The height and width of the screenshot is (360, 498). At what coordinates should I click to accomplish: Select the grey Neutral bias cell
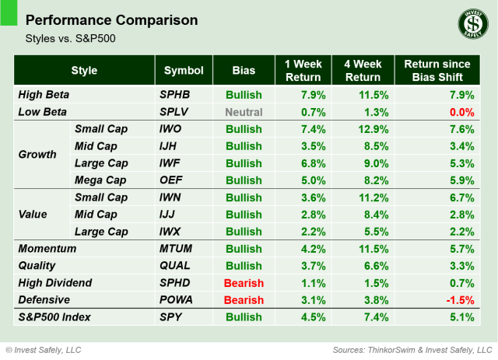[244, 111]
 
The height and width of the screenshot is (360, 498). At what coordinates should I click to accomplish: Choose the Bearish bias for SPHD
[244, 283]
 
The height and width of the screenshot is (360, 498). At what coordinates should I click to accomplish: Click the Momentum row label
[47, 249]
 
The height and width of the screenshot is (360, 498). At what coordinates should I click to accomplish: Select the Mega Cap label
[100, 180]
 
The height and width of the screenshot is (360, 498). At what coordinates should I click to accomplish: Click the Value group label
[33, 214]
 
